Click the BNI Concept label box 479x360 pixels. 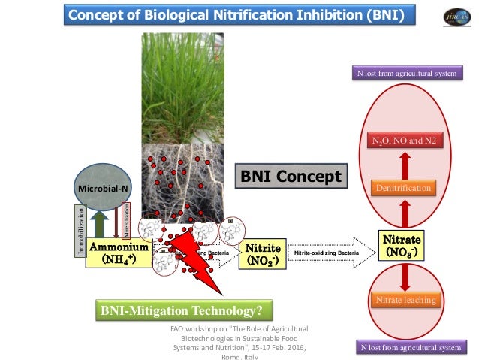292,177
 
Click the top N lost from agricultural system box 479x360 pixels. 406,74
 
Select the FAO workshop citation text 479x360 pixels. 239,342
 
